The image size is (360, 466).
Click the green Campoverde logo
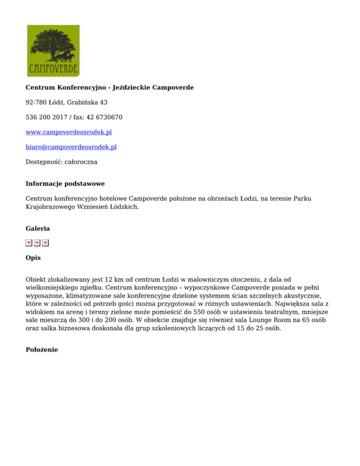point(53,51)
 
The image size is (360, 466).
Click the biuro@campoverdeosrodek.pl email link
point(71,147)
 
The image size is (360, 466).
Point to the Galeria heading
point(37,228)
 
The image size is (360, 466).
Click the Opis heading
point(33,257)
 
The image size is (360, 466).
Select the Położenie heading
point(42,349)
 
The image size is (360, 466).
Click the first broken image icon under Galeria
point(29,242)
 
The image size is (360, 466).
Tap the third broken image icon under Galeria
point(45,242)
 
